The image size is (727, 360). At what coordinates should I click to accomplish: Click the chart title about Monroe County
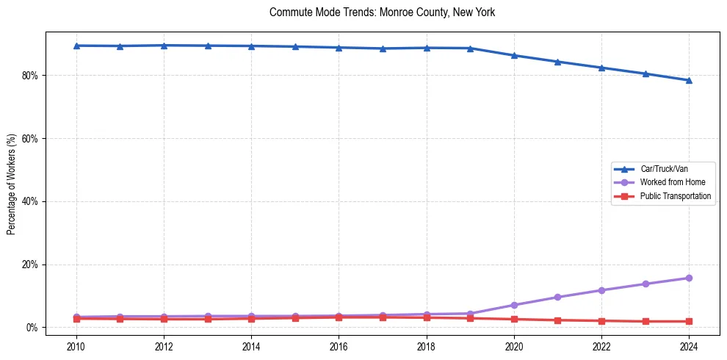[x=383, y=12]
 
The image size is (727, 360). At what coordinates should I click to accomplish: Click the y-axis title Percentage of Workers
[x=11, y=184]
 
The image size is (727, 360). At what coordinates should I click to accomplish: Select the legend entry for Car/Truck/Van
[x=664, y=169]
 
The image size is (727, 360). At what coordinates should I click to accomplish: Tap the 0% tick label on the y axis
[x=32, y=327]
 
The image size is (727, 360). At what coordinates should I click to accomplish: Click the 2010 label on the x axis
[x=76, y=345]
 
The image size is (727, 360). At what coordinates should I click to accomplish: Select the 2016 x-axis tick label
[x=339, y=345]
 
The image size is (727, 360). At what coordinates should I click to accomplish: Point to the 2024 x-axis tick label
[x=689, y=345]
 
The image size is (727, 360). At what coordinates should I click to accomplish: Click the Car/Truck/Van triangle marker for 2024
[x=689, y=80]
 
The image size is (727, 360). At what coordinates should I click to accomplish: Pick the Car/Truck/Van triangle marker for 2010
[x=76, y=46]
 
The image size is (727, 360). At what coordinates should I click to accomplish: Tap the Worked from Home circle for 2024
[x=689, y=278]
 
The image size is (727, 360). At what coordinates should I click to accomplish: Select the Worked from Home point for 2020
[x=514, y=305]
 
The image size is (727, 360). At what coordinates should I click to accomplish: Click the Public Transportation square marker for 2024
[x=689, y=321]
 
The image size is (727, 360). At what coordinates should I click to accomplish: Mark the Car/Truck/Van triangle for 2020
[x=514, y=55]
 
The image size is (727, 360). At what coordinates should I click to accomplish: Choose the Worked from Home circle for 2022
[x=601, y=290]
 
